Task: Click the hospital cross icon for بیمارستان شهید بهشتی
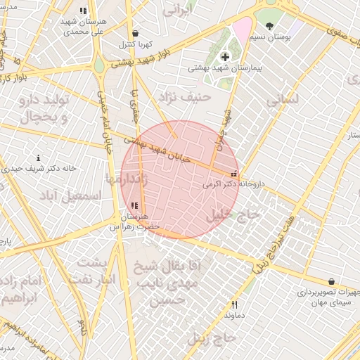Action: (x=225, y=56)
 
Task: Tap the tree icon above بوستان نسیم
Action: (x=269, y=26)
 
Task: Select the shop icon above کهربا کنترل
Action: (x=134, y=34)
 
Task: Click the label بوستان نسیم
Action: (x=269, y=36)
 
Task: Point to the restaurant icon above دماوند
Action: (x=235, y=305)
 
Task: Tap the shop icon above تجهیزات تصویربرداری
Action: (x=331, y=281)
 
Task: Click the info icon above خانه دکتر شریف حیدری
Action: (x=38, y=158)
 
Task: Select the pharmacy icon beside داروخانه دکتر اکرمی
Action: (x=234, y=174)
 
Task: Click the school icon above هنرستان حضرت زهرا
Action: (x=134, y=206)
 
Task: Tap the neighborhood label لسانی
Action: (x=283, y=101)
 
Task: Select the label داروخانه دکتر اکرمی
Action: (x=233, y=184)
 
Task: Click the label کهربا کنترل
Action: (x=134, y=44)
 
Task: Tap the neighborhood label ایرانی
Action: (x=178, y=11)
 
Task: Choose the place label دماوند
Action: (x=233, y=316)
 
